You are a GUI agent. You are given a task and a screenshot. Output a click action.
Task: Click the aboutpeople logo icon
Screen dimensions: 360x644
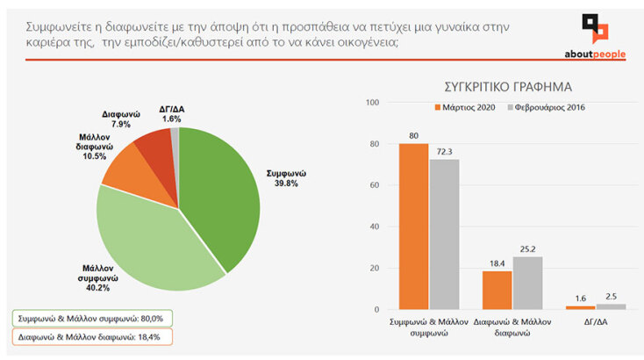(596, 27)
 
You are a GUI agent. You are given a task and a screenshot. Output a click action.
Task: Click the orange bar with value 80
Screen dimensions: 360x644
(414, 227)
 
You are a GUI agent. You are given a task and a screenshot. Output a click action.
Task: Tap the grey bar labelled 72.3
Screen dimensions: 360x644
(444, 234)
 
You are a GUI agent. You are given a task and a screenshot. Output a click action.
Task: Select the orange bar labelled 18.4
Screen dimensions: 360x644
(497, 290)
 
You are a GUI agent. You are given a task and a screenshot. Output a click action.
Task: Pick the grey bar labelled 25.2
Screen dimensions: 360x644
(527, 283)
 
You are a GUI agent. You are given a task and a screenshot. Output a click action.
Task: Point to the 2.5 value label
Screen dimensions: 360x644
(611, 296)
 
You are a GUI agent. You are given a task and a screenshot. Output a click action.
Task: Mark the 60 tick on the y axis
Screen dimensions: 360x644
(373, 185)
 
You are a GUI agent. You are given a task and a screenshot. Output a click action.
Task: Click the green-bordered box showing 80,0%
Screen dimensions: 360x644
(93, 318)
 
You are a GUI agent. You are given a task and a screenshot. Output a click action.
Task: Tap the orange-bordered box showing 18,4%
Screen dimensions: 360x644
(92, 336)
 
